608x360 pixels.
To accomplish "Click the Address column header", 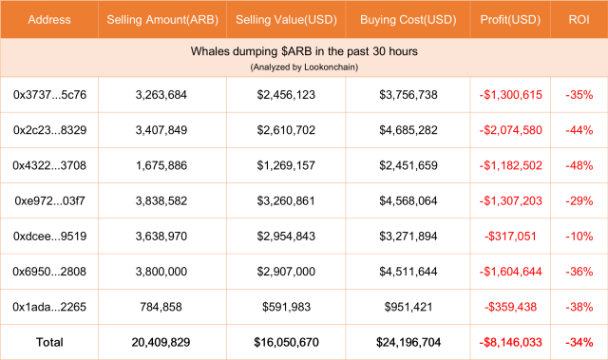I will tap(48, 20).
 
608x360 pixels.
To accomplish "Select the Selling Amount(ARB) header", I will tap(161, 20).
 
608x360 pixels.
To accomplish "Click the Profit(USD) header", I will tap(511, 20).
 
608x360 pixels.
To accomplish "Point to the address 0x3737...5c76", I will tap(49, 95).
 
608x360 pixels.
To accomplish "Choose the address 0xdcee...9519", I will tap(49, 236).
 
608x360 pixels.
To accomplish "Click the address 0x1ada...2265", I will tap(49, 306).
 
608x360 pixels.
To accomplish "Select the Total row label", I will tap(49, 341).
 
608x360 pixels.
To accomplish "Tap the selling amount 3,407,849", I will tap(161, 130).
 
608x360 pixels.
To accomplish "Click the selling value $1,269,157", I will tap(286, 165).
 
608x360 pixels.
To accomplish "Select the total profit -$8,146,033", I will tap(511, 341).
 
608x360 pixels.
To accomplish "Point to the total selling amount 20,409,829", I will tap(161, 341).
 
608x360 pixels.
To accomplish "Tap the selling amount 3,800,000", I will tap(161, 271).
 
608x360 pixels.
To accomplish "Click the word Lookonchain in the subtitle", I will tap(329, 67).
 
